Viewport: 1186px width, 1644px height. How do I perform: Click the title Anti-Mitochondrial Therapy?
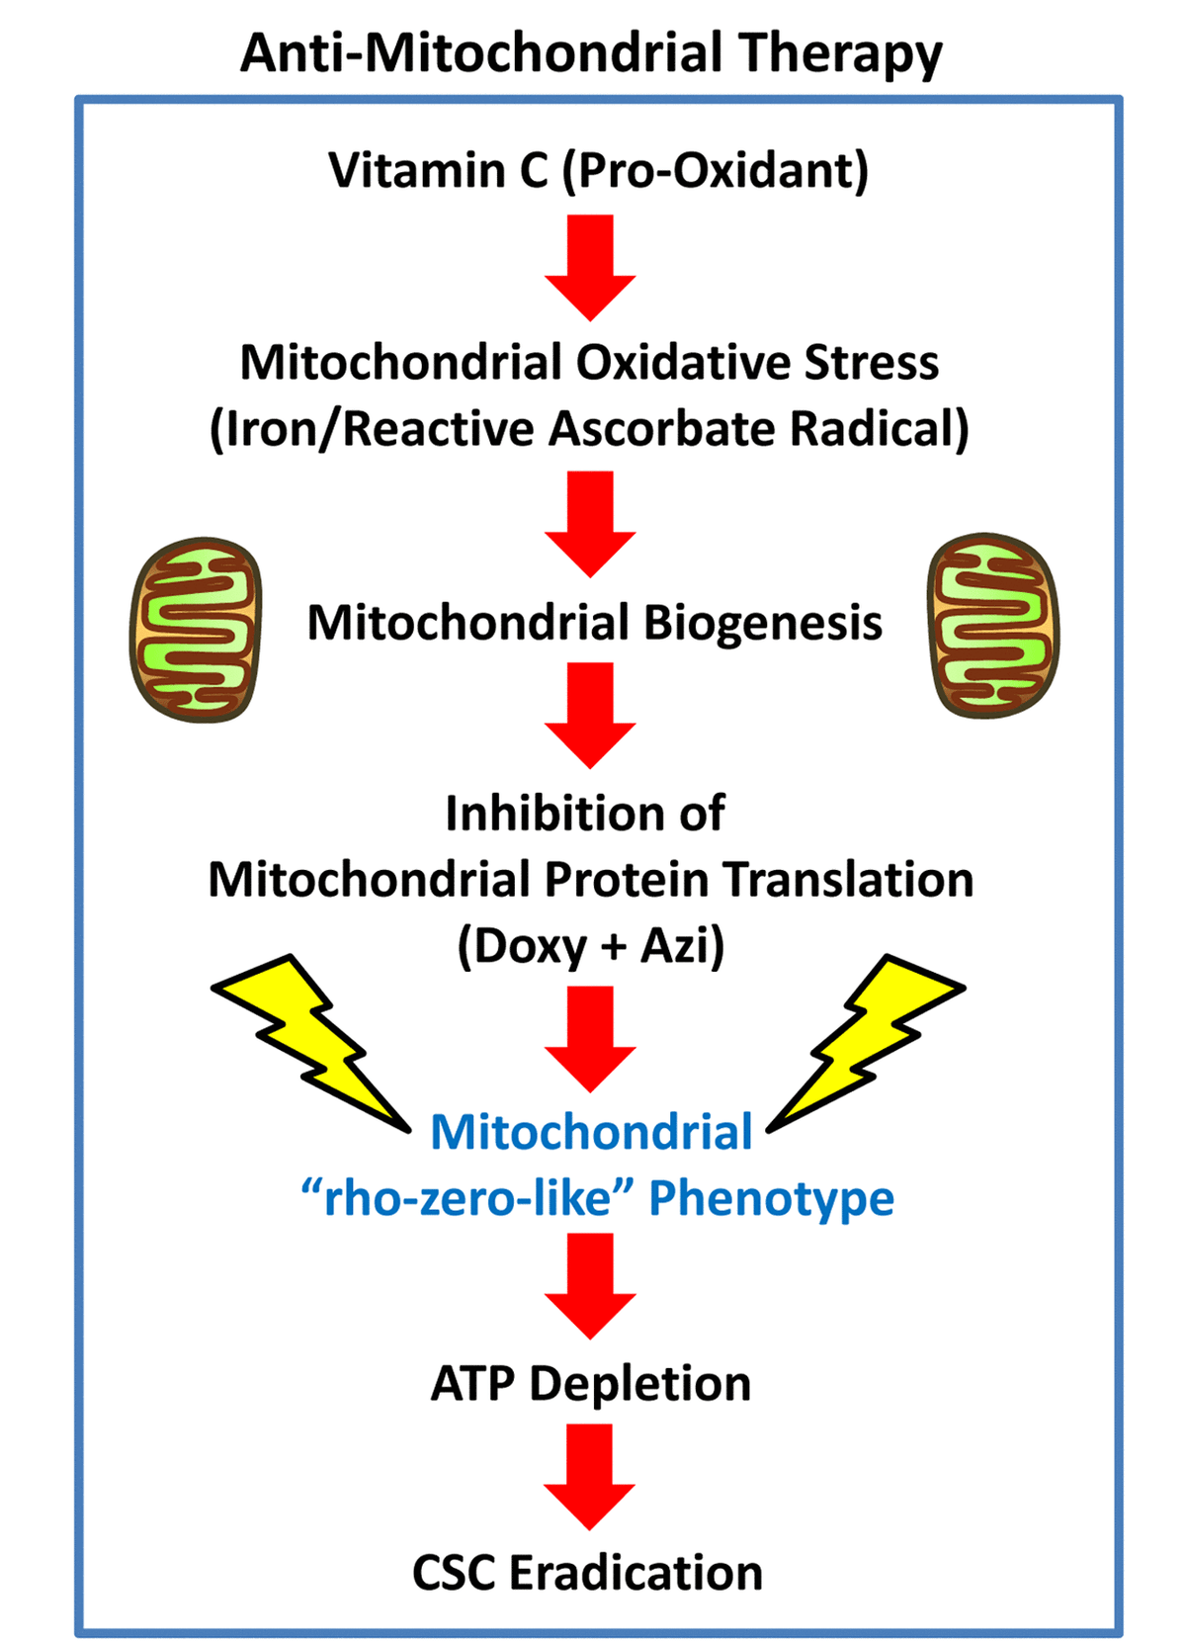591,53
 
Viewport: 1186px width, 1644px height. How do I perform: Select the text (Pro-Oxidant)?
715,170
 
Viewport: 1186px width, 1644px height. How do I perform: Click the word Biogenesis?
763,623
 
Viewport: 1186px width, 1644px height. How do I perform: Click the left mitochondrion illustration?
197,629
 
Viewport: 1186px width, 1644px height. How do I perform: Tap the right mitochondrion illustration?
992,626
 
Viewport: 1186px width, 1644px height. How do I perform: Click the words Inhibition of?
585,814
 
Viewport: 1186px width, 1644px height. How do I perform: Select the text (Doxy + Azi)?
590,946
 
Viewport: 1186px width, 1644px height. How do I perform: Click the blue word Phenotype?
771,1198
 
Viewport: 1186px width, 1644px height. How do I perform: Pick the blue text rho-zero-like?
466,1198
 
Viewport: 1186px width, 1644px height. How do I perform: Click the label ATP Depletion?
591,1383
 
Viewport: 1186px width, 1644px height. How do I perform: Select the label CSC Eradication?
588,1573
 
